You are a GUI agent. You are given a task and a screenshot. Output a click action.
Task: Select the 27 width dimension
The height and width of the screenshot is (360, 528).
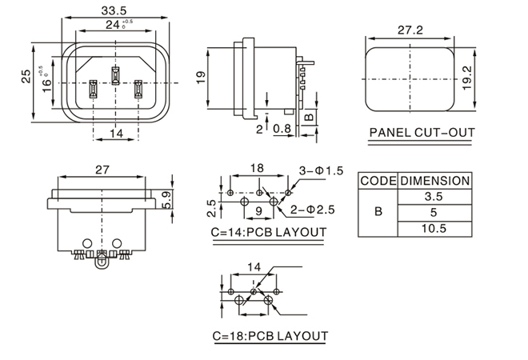102,170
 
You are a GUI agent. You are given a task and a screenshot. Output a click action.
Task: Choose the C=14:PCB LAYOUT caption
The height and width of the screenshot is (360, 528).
269,233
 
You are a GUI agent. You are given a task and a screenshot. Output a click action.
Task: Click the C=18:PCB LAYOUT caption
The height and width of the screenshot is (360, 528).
269,335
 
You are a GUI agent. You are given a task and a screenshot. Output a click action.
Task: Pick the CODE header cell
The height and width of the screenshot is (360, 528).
378,181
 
